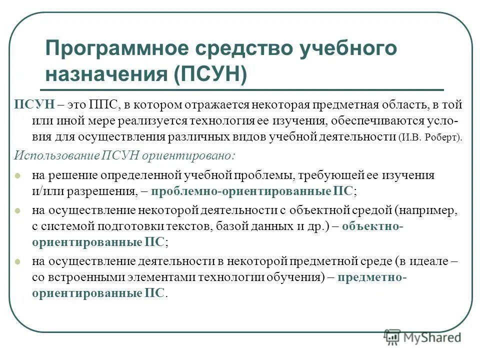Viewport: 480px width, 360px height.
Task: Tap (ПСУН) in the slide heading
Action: click(210, 74)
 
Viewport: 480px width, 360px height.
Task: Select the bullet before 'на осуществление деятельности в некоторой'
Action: click(18, 261)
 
